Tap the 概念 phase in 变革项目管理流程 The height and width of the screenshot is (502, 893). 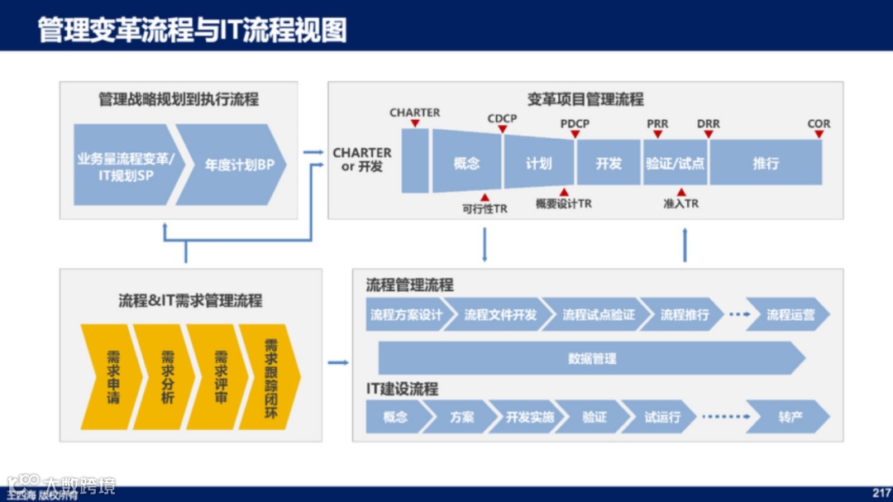pos(466,163)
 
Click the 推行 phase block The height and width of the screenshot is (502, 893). pos(766,163)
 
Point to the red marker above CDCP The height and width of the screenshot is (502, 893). pos(501,130)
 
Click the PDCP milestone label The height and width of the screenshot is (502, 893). pos(575,124)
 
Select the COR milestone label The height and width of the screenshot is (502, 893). pos(819,124)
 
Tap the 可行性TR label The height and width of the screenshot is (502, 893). pos(485,209)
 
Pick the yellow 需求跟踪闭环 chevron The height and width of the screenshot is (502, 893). pos(270,376)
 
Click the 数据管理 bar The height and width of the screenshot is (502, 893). pos(591,359)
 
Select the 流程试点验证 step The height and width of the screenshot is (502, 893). pos(599,314)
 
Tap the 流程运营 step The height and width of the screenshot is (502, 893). pos(790,314)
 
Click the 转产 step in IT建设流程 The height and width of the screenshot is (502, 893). pos(790,417)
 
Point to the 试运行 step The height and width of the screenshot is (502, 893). pos(662,417)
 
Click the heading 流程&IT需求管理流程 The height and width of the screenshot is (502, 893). pos(190,300)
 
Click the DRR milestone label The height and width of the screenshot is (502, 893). pos(708,124)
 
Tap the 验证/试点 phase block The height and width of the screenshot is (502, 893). pos(675,163)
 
